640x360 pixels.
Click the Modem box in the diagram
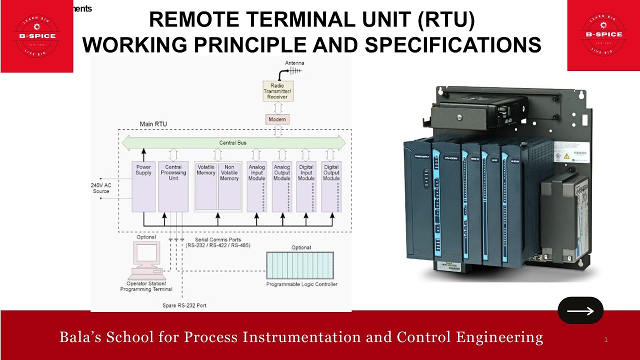[277, 119]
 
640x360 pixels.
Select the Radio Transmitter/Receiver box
[277, 91]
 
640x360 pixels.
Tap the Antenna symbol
[295, 71]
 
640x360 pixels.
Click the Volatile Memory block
[206, 185]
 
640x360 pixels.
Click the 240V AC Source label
[101, 188]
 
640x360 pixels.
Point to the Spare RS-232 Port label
[184, 305]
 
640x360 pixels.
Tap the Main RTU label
[153, 124]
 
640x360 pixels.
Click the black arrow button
[580, 310]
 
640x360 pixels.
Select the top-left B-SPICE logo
[37, 36]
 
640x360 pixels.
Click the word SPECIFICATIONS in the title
[453, 45]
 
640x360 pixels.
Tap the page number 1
[605, 340]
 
